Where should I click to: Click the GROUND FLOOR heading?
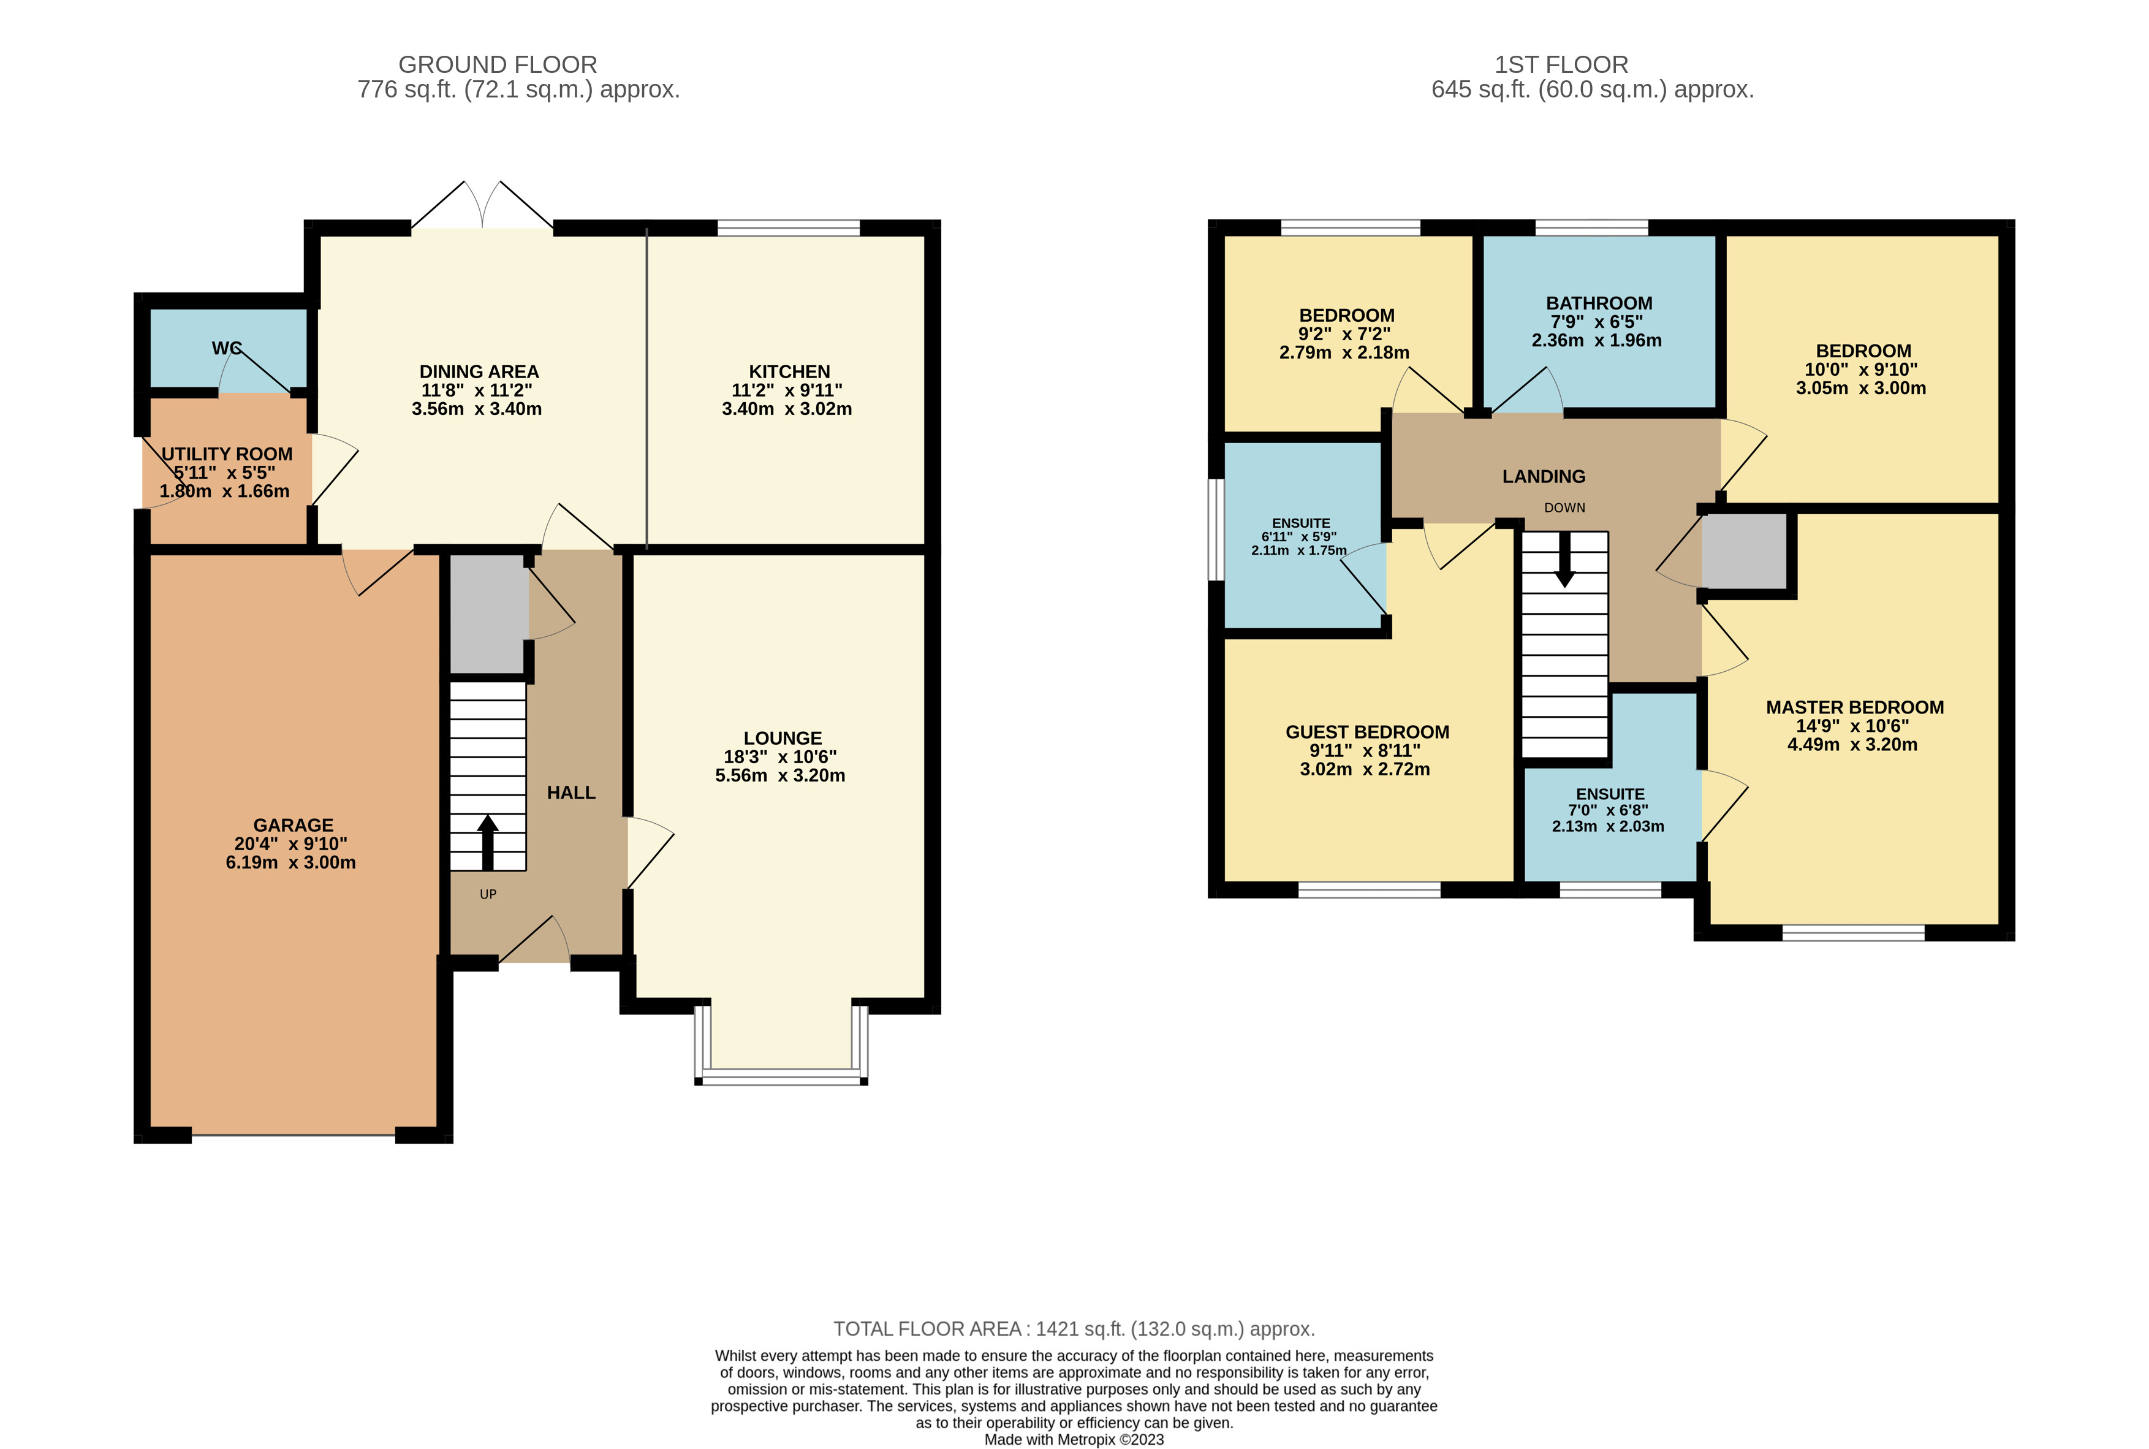(x=497, y=65)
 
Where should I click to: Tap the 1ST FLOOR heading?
(x=1561, y=65)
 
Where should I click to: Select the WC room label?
(x=226, y=348)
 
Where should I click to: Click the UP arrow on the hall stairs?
(x=487, y=841)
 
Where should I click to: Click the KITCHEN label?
(x=789, y=371)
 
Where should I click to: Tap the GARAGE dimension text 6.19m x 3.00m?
(x=290, y=862)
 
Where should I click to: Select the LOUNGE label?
(x=783, y=737)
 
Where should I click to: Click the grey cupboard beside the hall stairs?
(x=488, y=613)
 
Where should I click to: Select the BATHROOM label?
(x=1598, y=303)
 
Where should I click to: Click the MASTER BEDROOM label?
(x=1854, y=707)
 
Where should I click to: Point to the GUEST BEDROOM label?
(x=1366, y=732)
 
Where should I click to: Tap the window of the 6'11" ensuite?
(x=1218, y=530)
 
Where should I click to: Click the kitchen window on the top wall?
(x=788, y=227)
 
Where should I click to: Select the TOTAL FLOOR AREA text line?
(x=1074, y=1329)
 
